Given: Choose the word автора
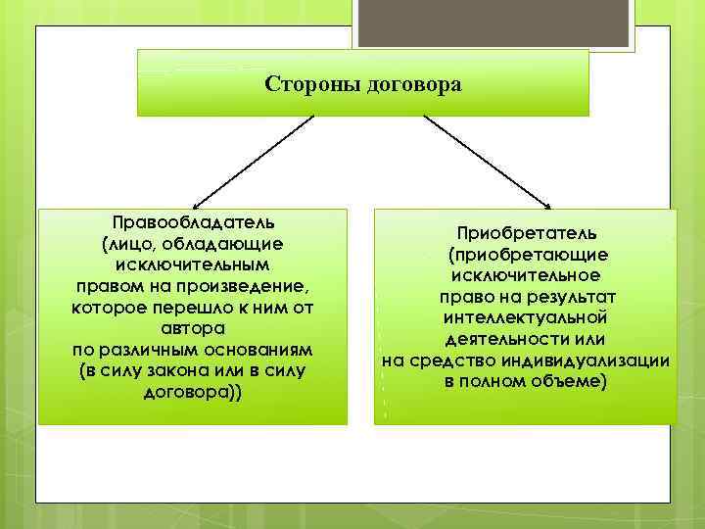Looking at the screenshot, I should click(192, 328).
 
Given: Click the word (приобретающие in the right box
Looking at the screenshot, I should click(525, 255).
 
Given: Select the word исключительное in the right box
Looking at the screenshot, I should click(525, 275).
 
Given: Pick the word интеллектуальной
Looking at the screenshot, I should click(525, 317).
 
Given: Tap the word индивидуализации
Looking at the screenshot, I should click(592, 361).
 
